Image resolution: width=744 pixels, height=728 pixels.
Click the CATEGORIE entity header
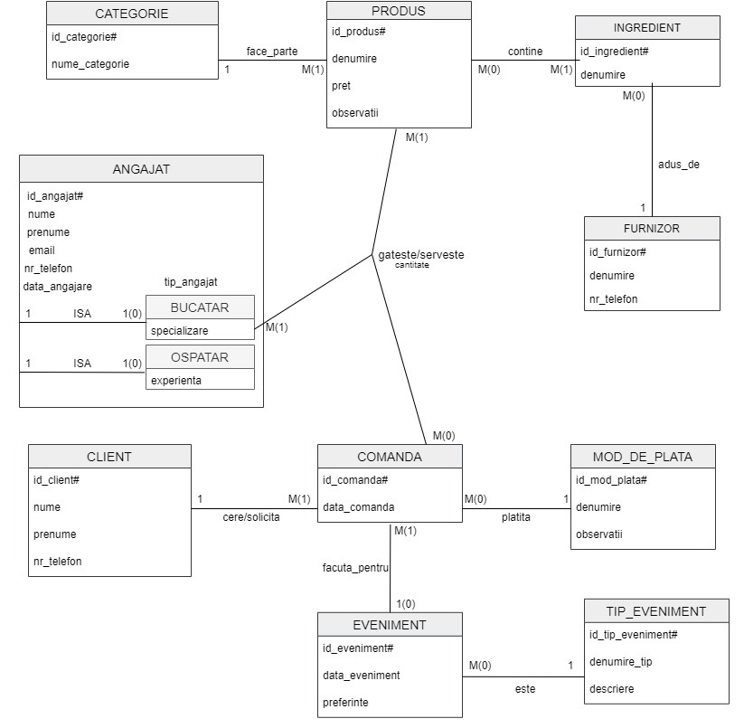point(132,14)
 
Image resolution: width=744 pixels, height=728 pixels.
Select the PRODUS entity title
point(398,12)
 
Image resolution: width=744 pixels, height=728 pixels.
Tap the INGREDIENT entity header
point(646,27)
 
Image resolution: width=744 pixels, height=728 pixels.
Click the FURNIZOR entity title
point(652,228)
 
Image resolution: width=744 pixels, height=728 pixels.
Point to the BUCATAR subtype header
point(200,307)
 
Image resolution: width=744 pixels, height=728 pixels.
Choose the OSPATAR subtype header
point(200,357)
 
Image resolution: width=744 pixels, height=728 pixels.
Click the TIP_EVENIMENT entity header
point(655,610)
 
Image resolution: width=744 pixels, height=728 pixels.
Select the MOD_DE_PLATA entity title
point(643,457)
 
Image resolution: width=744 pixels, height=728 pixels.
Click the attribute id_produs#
point(359,32)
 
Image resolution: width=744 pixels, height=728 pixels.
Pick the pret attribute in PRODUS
point(342,86)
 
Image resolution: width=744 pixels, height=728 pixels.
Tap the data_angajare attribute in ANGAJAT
point(57,287)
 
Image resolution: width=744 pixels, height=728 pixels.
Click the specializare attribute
point(179,330)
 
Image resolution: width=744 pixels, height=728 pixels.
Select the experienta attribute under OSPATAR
point(176,381)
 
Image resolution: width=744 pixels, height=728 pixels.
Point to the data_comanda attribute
point(358,507)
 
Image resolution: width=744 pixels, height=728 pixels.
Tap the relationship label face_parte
point(271,52)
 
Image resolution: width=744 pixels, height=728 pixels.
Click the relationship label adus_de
point(678,165)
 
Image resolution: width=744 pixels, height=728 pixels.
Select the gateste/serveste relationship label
point(420,255)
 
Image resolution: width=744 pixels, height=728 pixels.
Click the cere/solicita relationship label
point(251,517)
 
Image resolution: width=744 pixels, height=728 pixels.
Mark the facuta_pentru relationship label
point(355,568)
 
